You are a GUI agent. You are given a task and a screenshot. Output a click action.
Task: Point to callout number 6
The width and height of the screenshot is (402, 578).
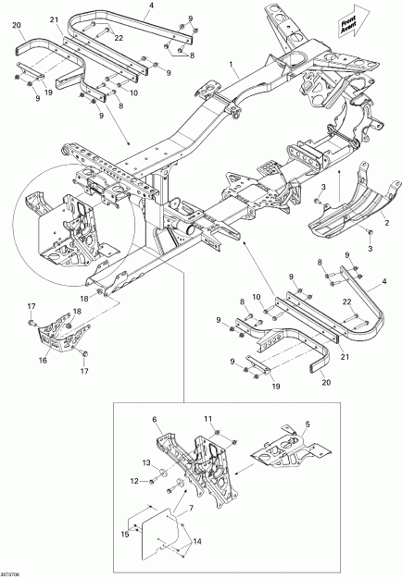pyautogui.click(x=156, y=420)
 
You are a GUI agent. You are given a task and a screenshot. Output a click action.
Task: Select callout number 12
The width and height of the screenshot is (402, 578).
pyautogui.click(x=133, y=481)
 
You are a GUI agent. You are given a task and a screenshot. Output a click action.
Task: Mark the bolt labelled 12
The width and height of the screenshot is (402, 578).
pyautogui.click(x=146, y=482)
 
